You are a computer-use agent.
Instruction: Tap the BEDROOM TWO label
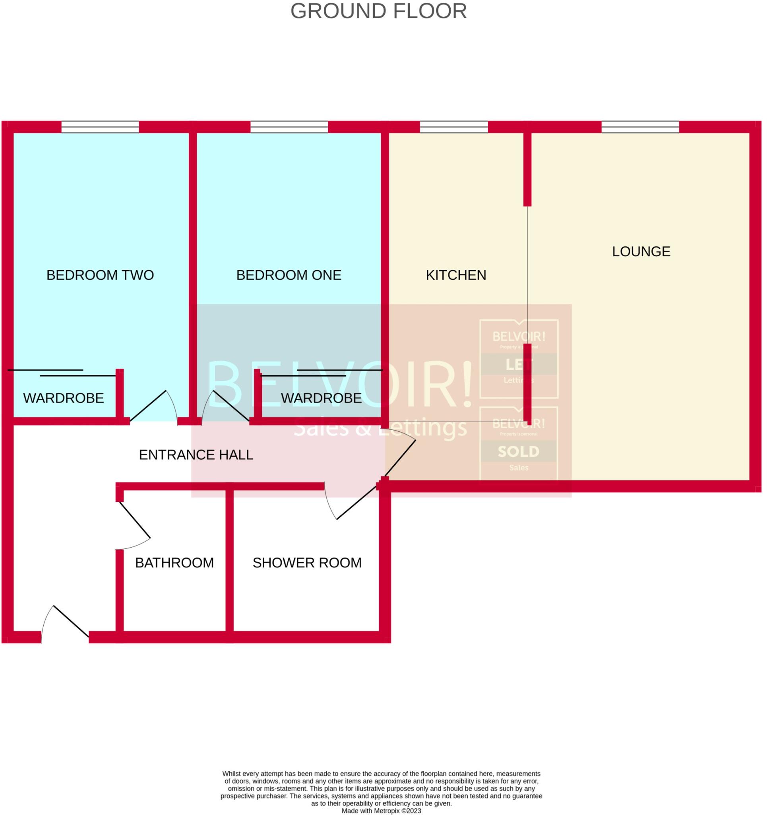[100, 275]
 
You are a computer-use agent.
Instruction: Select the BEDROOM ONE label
[289, 275]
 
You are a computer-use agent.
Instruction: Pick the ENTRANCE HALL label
[196, 454]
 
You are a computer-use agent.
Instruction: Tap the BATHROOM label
[174, 563]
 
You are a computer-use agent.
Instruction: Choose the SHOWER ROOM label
[307, 563]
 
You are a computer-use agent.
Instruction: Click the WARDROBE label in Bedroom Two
[64, 398]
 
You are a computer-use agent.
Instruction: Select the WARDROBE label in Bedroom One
[321, 398]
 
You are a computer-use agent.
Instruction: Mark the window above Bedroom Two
[100, 127]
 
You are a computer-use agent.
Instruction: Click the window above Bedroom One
[289, 127]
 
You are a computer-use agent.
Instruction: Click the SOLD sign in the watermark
[519, 452]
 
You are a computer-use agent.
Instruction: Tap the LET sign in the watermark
[519, 365]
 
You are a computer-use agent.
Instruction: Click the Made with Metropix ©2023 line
[381, 811]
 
